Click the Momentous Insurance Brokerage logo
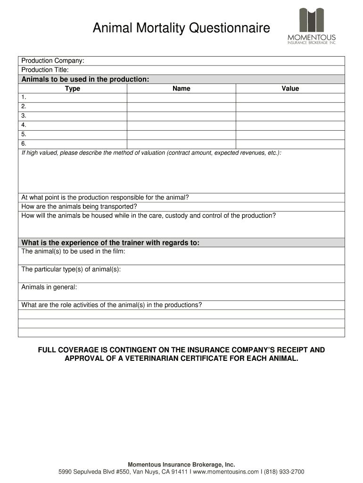[x=312, y=26]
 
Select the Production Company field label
[x=53, y=61]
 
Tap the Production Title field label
[x=45, y=70]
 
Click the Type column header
[x=73, y=88]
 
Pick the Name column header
[x=181, y=88]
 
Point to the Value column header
[x=290, y=88]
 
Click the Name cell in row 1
[x=181, y=97]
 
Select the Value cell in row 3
[x=290, y=116]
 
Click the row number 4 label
[x=24, y=125]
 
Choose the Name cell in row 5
[x=181, y=134]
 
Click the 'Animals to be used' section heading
[x=85, y=79]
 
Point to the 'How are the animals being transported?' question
[x=79, y=207]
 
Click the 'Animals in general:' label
[x=49, y=287]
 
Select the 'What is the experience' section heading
[x=110, y=242]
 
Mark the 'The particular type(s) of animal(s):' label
[x=71, y=269]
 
